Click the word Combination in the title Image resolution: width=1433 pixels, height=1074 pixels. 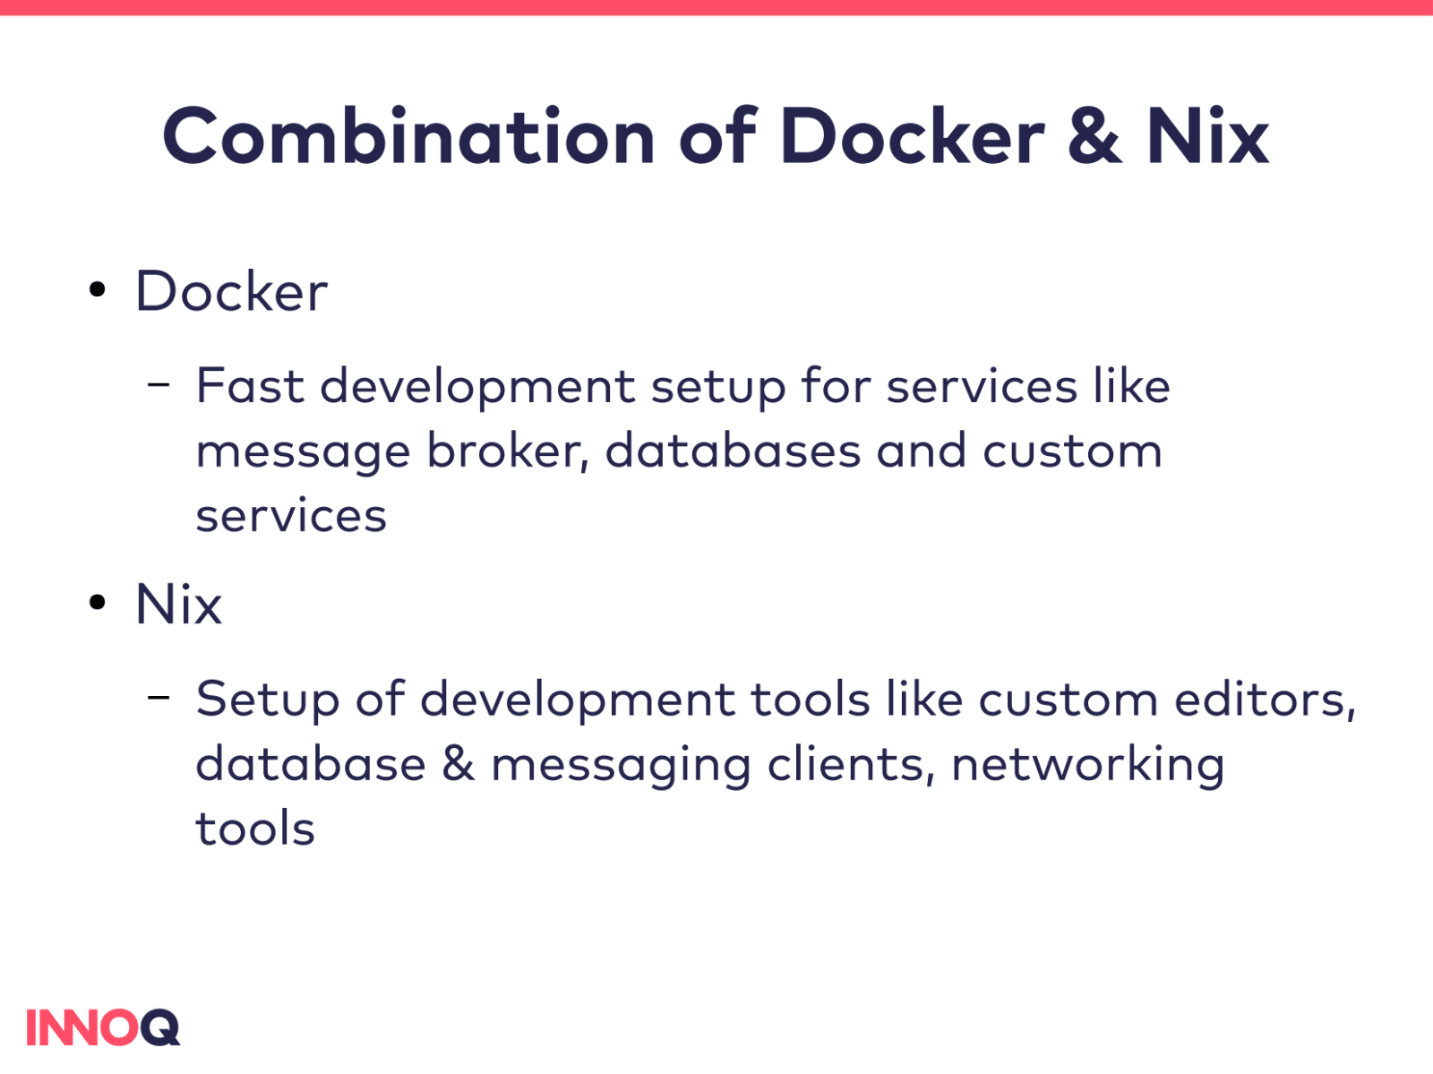point(408,136)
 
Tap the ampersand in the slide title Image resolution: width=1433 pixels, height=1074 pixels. point(1094,136)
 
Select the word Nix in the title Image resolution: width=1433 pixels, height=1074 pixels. point(1207,136)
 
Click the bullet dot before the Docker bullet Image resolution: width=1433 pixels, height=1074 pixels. point(98,289)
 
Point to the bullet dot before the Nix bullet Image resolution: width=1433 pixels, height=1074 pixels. point(98,602)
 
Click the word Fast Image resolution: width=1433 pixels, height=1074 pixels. point(250,386)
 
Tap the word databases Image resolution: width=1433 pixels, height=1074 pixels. point(733,451)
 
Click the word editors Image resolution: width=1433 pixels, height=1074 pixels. point(1265,700)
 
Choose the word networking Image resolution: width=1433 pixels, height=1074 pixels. point(1087,766)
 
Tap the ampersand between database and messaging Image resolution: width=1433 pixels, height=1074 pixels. point(458,764)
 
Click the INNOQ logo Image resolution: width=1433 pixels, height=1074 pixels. point(103,1027)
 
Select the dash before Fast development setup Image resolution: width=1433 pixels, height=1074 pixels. point(159,385)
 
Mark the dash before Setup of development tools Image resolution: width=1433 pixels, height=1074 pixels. point(159,698)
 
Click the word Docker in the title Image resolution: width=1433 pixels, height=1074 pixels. point(912,136)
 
